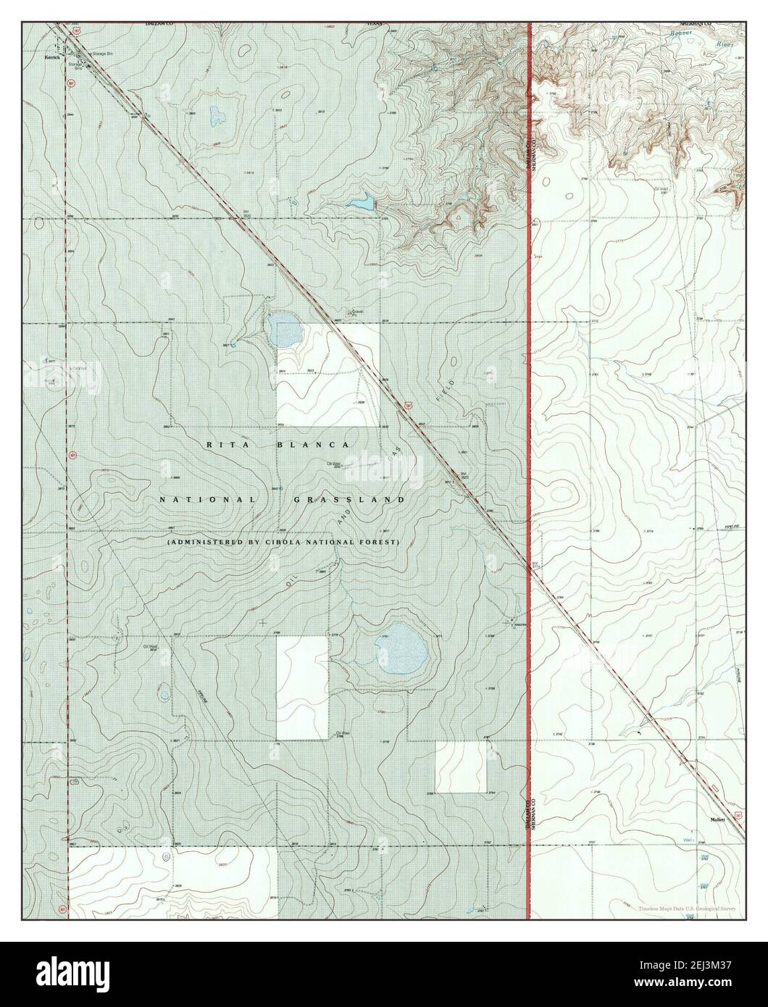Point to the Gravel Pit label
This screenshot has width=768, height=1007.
[354, 313]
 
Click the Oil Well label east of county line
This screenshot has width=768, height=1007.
[659, 191]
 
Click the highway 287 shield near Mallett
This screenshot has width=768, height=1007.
[737, 815]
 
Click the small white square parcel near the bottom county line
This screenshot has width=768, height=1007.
[461, 767]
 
